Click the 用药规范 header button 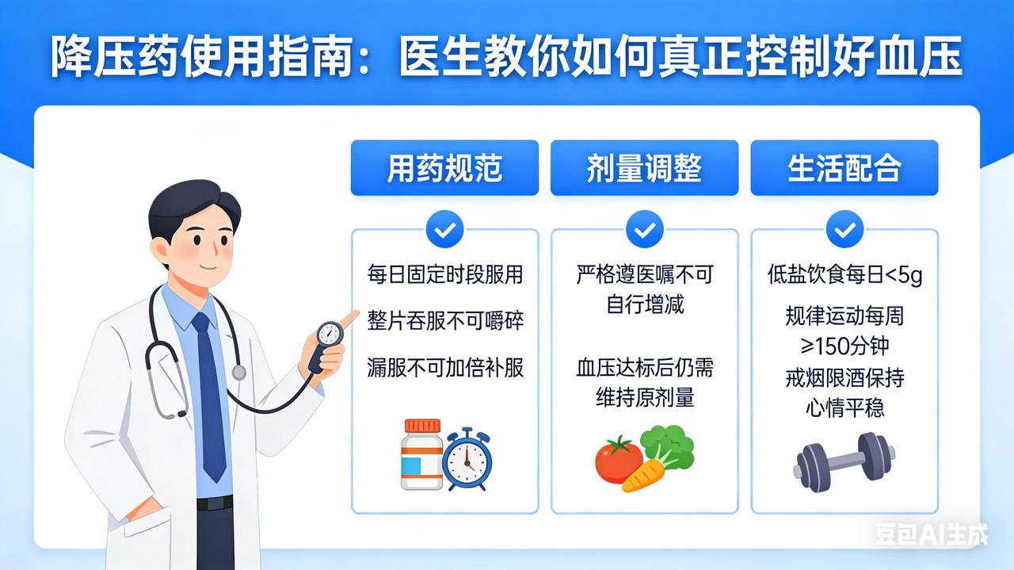coord(444,167)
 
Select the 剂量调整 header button coord(644,167)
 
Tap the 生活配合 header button coord(844,167)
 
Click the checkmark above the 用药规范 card coord(444,229)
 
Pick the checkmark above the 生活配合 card coord(844,229)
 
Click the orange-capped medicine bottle coord(422,454)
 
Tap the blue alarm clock coord(467,460)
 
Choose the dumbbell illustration coord(844,462)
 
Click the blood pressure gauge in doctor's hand coord(330,334)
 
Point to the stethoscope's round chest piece coord(239,373)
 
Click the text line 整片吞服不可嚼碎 coord(445,321)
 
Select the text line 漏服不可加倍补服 coord(445,368)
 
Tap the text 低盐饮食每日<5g coord(844,274)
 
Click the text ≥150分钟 coord(844,346)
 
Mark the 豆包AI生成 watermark coord(931,534)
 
